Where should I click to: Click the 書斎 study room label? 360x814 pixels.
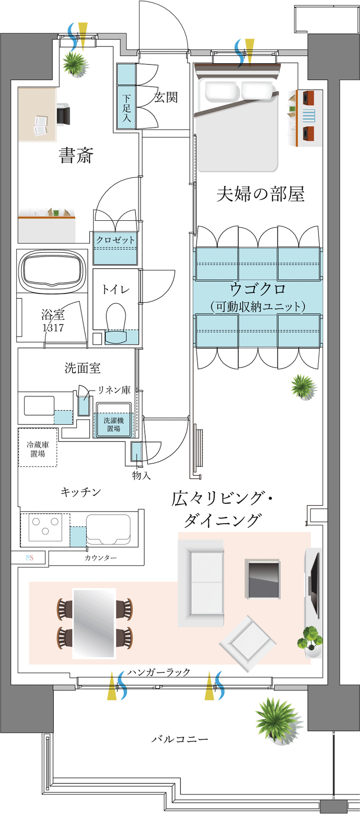tap(76, 155)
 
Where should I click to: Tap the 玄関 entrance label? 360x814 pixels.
tap(166, 97)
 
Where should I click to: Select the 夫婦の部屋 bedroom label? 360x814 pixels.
tap(260, 194)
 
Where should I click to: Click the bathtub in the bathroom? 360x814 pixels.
tap(52, 270)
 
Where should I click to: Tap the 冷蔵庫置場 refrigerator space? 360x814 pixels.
tap(38, 448)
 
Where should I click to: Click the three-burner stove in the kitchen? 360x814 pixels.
tap(45, 527)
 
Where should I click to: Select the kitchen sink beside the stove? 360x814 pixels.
tap(108, 529)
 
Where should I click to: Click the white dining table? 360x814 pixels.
tap(94, 623)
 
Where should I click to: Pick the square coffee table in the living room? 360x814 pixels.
tap(263, 579)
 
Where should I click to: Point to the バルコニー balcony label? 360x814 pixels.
tap(180, 739)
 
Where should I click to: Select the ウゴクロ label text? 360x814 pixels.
tap(258, 289)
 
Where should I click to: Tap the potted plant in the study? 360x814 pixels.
tap(75, 64)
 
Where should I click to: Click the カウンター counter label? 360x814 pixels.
tap(100, 558)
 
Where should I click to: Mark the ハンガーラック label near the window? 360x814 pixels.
tap(159, 672)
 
